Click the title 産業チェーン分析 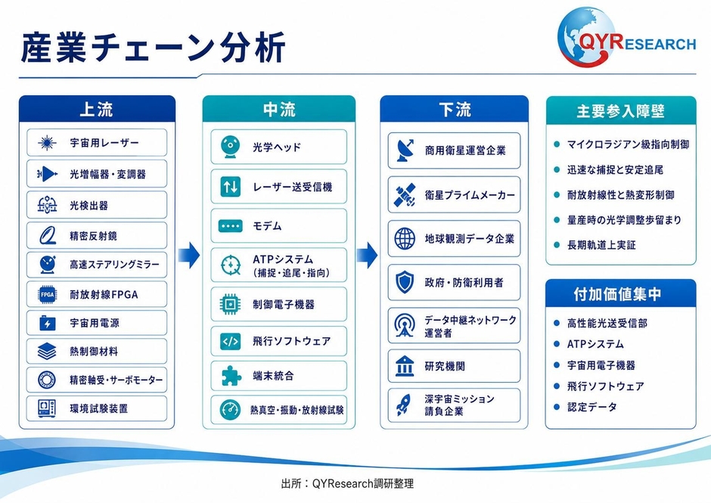154,47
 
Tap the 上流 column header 97,110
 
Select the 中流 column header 279,110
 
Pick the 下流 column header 455,110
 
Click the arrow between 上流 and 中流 188,256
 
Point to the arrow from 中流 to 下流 367,256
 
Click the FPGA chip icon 48,294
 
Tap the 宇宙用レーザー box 97,142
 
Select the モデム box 279,226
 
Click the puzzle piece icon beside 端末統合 231,376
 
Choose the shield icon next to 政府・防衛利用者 405,282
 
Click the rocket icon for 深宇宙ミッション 404,405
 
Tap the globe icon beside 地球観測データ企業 405,238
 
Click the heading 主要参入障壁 621,111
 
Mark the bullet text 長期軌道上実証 601,245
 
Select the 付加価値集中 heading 618,294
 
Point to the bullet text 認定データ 591,407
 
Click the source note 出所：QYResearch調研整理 347,483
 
